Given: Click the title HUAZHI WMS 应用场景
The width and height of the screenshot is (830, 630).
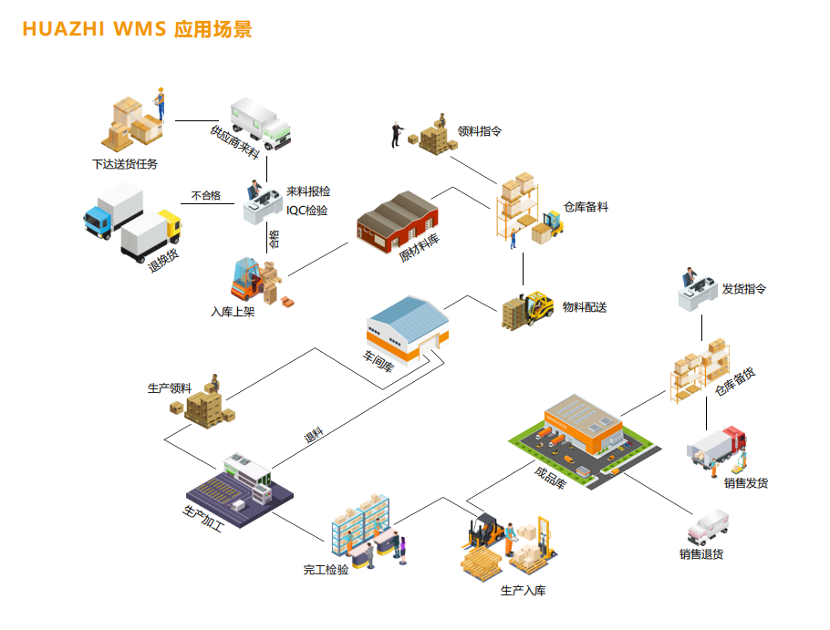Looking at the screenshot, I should pos(137,28).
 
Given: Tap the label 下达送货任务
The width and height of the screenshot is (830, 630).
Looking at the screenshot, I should pos(125,164).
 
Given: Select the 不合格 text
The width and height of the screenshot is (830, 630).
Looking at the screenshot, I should pos(205,195).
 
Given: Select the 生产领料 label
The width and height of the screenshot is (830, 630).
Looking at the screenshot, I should pos(170,387).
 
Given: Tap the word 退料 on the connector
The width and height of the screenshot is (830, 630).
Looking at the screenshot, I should pos(314,436).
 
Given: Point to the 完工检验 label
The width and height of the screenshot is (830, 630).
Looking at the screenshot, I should pos(326,571).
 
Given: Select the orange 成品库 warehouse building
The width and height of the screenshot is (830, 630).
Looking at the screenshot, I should pos(583,425).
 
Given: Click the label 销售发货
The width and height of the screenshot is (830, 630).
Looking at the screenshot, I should pos(746,483).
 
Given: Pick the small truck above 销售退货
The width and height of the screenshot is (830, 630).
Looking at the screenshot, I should pos(708,527).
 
